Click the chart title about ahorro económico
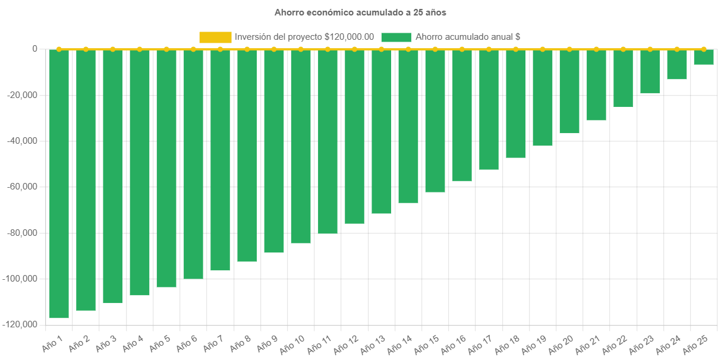coord(360,12)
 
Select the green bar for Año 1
coord(59,184)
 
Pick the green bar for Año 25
coord(704,57)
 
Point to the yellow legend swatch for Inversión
coord(215,37)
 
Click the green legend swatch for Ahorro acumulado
coord(396,37)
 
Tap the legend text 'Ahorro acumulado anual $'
coord(468,37)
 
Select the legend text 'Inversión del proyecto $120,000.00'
coord(304,37)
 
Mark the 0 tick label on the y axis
coord(34,49)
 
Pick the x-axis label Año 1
coord(52,344)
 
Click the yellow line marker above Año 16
coord(462,49)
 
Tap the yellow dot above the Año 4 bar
coord(140,49)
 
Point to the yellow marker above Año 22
coord(623,49)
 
